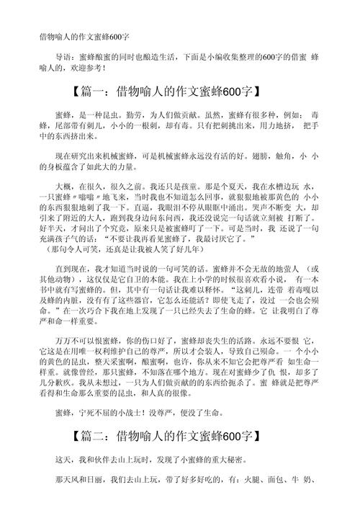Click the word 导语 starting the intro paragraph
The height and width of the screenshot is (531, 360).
(63, 57)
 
